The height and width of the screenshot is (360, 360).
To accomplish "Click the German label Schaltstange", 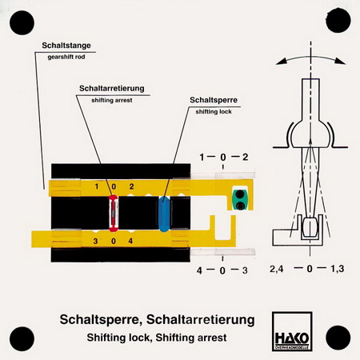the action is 66,46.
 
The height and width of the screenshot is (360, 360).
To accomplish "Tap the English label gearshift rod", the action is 66,57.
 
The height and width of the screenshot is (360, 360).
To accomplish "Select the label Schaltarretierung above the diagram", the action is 112,88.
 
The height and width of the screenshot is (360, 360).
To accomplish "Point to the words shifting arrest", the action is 112,100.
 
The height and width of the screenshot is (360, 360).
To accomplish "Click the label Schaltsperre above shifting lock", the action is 214,100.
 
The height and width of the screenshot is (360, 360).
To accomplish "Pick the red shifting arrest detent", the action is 114,213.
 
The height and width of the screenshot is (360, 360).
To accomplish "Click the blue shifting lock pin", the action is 164,214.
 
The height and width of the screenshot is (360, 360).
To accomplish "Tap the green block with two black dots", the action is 240,199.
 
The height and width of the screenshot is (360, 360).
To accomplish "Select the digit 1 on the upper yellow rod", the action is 97,186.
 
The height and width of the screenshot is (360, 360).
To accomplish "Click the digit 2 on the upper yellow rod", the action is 131,186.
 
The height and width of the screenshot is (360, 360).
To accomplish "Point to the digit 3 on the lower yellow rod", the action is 95,241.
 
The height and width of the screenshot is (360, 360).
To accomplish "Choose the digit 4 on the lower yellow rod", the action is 130,241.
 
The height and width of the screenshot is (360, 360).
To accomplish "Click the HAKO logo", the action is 292,331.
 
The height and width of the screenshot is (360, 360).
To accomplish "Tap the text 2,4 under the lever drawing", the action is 277,269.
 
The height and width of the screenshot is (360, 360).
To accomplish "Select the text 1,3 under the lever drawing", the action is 338,269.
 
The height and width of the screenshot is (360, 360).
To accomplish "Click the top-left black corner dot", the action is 22,22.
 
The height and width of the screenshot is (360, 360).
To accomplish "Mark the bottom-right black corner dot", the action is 338,338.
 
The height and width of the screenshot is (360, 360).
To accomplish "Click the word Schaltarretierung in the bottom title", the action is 201,319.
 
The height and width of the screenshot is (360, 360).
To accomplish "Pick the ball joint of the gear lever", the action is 310,134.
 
